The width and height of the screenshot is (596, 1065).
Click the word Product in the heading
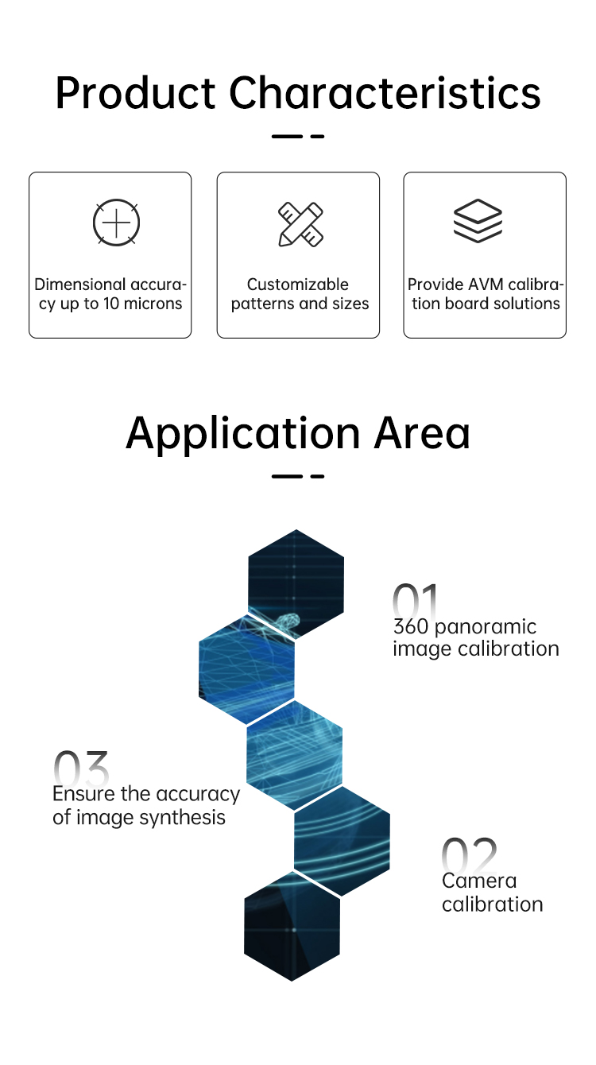135,94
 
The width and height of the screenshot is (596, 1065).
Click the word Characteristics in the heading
385,93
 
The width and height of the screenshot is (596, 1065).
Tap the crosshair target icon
117,223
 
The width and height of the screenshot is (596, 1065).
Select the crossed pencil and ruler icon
300,224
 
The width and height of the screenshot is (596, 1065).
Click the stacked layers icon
478,221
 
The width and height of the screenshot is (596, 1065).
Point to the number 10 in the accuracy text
111,304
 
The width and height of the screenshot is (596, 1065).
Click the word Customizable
298,285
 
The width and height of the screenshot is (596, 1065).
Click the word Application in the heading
243,434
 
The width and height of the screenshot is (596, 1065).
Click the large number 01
416,601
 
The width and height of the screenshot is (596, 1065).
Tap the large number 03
81,769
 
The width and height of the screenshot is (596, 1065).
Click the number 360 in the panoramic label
411,626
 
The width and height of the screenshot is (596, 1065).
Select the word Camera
479,881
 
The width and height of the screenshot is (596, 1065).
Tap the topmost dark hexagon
296,583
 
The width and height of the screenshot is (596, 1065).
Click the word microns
153,304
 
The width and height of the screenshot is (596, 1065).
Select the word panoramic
486,627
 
